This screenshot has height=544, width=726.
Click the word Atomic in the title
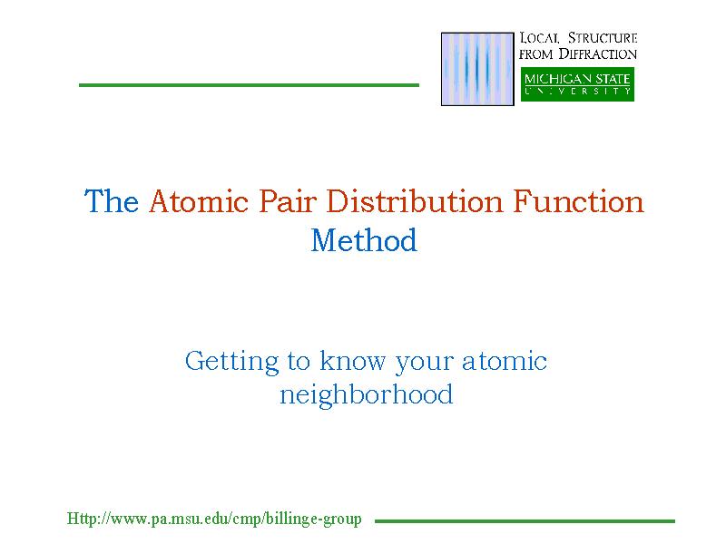click(199, 201)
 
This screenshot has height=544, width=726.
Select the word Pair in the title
click(288, 201)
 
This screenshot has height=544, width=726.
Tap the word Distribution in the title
click(415, 201)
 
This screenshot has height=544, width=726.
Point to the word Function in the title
click(578, 201)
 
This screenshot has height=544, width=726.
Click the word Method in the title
click(364, 240)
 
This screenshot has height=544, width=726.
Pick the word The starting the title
click(112, 201)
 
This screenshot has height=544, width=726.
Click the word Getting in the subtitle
click(232, 362)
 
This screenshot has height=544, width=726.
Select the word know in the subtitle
click(352, 361)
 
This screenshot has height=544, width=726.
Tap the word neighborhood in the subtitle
click(367, 396)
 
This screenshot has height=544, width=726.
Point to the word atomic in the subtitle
click(505, 361)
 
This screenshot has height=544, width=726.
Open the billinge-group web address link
click(214, 519)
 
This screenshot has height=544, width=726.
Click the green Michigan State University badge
click(577, 84)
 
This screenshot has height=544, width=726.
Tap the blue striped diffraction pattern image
click(477, 69)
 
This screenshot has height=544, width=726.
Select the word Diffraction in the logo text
click(598, 53)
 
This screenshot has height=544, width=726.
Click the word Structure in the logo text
click(603, 37)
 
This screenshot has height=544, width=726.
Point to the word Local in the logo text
click(539, 37)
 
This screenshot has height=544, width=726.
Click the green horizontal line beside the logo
click(249, 85)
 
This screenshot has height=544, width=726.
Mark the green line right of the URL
click(525, 521)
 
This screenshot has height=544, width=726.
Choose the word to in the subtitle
click(299, 362)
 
